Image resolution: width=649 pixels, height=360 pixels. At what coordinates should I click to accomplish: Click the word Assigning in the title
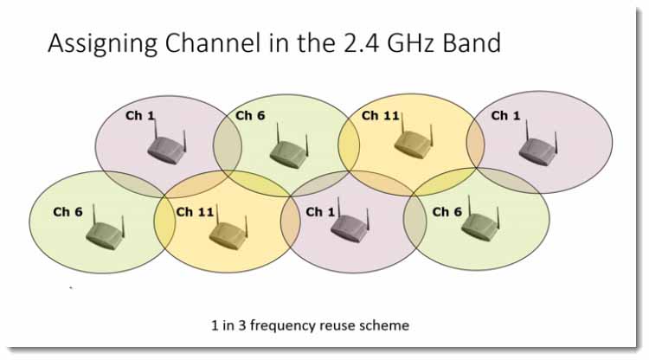click(x=103, y=44)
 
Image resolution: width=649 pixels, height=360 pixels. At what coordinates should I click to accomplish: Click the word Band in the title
click(x=472, y=42)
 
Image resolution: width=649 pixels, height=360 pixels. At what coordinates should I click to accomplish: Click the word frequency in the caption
click(x=284, y=326)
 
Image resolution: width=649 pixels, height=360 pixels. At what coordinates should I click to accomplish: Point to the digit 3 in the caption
click(x=242, y=325)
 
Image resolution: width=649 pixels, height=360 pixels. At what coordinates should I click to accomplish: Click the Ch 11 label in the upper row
click(x=380, y=115)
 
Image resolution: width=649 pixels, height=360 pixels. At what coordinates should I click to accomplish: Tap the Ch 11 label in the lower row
click(x=195, y=212)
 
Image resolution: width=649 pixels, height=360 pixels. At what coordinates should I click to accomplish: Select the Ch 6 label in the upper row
click(x=250, y=115)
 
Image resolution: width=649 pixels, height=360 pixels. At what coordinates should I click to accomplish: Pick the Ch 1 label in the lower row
click(x=320, y=212)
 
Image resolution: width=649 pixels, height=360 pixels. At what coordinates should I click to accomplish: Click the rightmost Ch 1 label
click(x=505, y=115)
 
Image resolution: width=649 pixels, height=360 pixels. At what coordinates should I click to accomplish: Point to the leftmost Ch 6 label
click(x=67, y=212)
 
